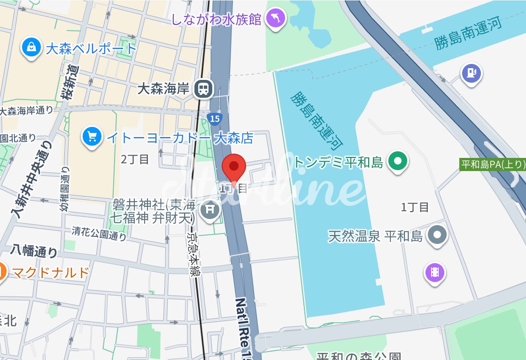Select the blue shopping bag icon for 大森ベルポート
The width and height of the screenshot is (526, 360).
31,48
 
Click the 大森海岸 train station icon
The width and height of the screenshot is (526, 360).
204,88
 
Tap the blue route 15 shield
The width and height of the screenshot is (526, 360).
214,119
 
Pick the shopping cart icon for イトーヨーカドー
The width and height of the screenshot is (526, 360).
92,137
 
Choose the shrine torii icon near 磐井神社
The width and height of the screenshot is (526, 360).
210,209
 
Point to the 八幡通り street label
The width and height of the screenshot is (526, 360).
35,251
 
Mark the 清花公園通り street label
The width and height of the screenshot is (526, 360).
99,233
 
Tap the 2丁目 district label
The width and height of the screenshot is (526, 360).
135,159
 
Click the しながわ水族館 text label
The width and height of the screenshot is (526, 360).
216,20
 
